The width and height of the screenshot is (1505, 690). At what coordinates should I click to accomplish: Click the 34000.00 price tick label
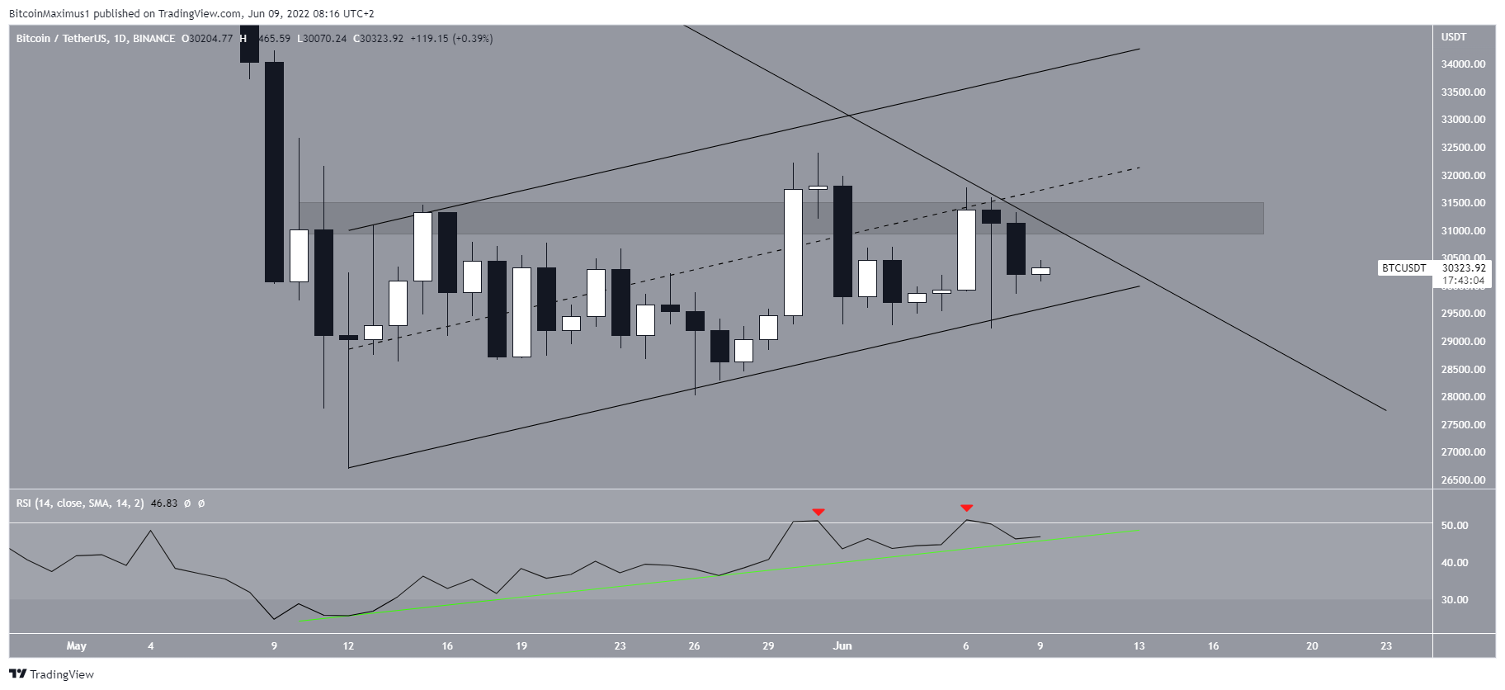coord(1463,64)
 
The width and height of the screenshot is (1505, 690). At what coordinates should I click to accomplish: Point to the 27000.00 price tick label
coord(1463,452)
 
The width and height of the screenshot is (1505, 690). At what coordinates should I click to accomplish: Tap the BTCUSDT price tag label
coord(1404,268)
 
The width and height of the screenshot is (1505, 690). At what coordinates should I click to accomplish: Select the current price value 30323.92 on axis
coord(1464,268)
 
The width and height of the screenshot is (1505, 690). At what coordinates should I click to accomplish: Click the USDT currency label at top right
coord(1454,37)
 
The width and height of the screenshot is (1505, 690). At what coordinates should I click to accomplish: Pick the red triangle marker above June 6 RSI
coord(966,508)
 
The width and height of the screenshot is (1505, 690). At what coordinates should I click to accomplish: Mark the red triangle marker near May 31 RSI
coord(818,513)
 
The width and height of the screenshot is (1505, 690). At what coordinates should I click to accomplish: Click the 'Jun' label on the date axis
coord(842,646)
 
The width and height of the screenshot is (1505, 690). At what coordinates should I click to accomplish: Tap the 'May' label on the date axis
coord(77,646)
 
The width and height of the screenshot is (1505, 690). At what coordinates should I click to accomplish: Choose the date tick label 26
coord(694,646)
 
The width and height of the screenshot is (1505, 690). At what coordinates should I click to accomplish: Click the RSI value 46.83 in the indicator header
coord(165,503)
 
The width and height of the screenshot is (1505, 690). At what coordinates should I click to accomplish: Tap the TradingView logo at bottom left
coord(52,674)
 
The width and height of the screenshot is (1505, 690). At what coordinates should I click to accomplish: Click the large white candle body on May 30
coord(793,253)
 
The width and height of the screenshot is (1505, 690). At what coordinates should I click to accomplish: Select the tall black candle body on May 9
coord(274,172)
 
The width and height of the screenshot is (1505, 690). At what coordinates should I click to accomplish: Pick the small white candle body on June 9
coord(1040,271)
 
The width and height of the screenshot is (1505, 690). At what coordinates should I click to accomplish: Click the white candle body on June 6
coord(966,250)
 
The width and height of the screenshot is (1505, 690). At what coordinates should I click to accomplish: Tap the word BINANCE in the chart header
coord(154,39)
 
